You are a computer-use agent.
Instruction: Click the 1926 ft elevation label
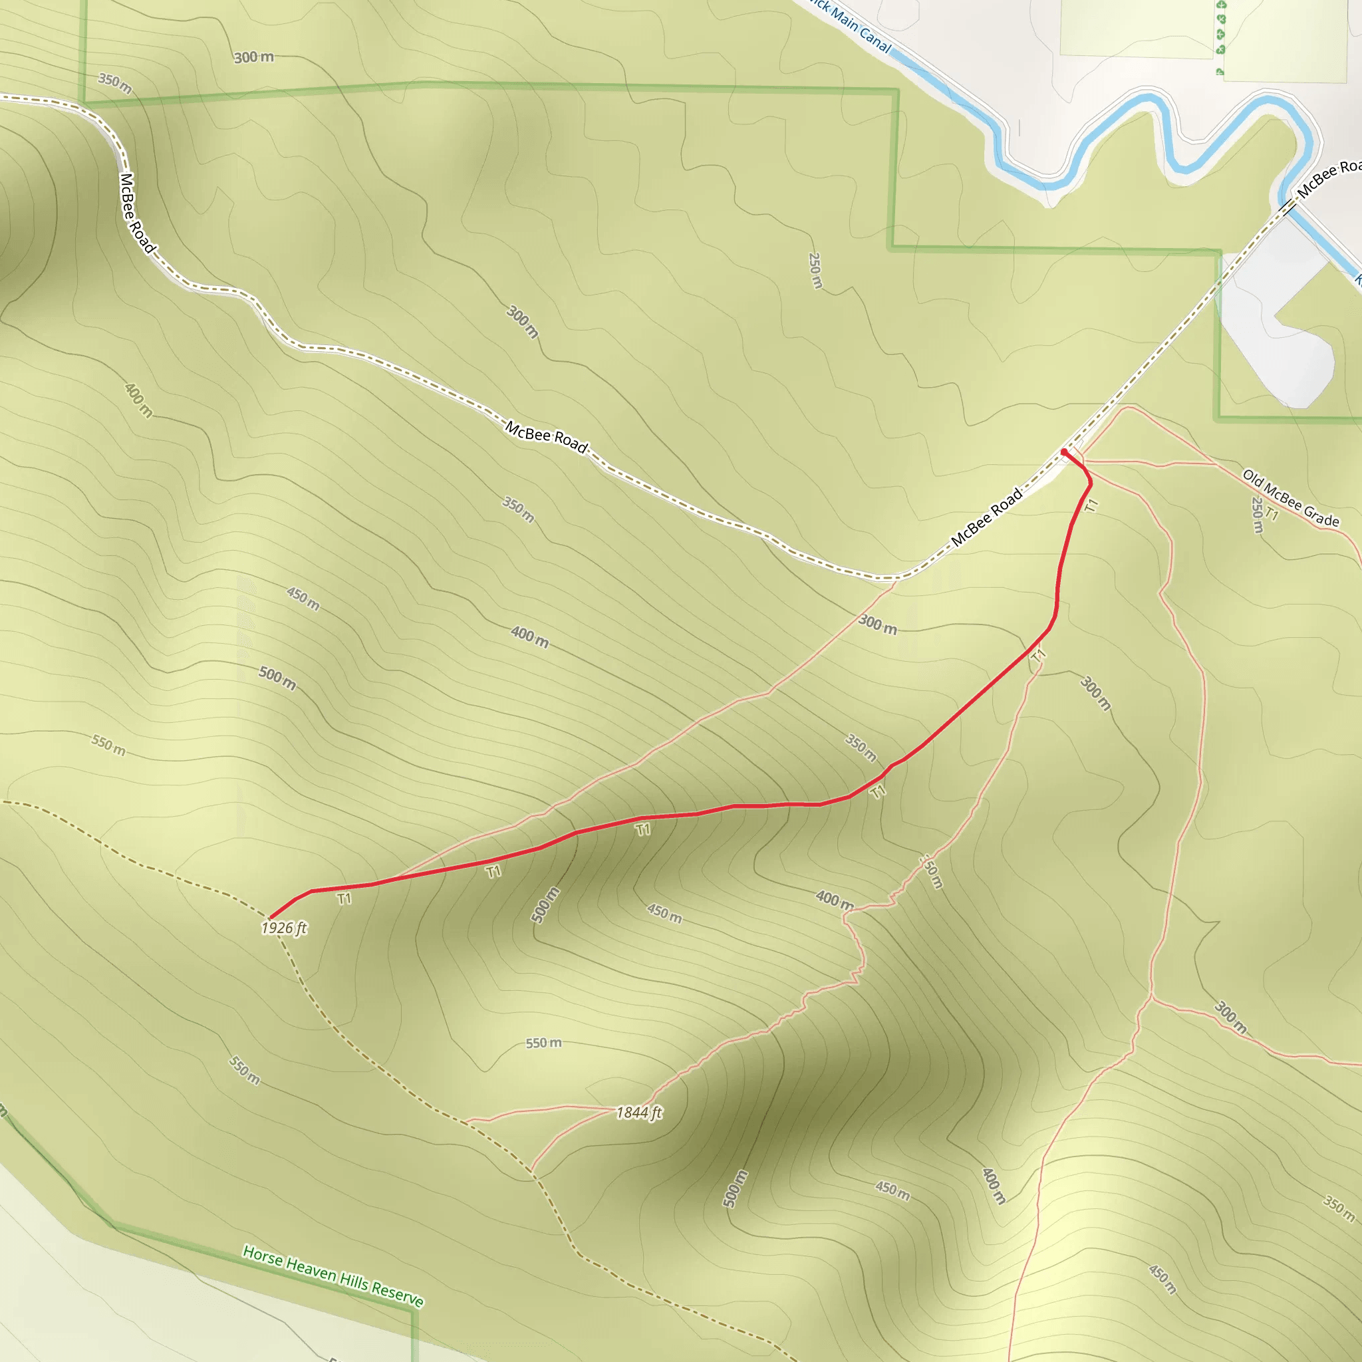coord(284,928)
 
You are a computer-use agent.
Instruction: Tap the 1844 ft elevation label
coord(638,1113)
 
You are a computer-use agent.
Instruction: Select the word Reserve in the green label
coord(398,1294)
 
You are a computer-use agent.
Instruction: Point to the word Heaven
coord(310,1268)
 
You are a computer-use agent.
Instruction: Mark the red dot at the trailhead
coord(1064,452)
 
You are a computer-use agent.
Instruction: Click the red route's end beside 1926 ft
coord(271,917)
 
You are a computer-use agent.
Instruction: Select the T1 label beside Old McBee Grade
coord(1271,514)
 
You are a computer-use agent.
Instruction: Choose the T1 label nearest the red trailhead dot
coord(1092,505)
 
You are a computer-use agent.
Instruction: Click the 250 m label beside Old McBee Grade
coord(1256,515)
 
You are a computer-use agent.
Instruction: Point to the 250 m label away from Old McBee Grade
coord(815,271)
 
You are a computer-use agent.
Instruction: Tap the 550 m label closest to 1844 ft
coord(543,1043)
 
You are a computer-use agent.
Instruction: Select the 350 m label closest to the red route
coord(861,748)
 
